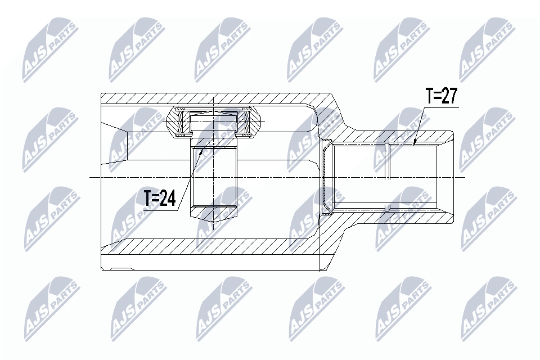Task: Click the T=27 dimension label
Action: point(442,97)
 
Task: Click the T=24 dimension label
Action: point(159,198)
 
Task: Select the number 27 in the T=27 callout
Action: point(449,97)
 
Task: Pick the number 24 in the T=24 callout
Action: point(167,198)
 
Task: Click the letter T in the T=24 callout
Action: point(148,198)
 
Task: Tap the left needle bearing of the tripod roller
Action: point(181,123)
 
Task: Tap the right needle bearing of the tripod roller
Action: point(245,123)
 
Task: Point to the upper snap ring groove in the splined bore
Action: point(388,147)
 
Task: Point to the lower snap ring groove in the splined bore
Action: point(388,208)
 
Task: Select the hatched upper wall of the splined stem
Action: point(394,137)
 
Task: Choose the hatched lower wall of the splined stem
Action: point(394,218)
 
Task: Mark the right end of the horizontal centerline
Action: point(465,177)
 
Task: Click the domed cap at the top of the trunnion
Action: point(214,115)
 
